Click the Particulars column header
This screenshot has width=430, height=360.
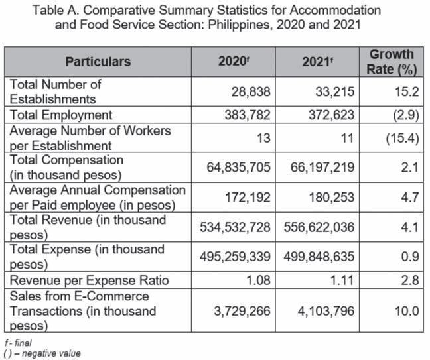click(x=98, y=62)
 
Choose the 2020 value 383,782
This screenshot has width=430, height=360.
click(x=243, y=115)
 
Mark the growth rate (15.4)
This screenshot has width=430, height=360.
click(x=401, y=138)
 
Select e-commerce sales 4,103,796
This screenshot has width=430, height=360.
click(x=328, y=311)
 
